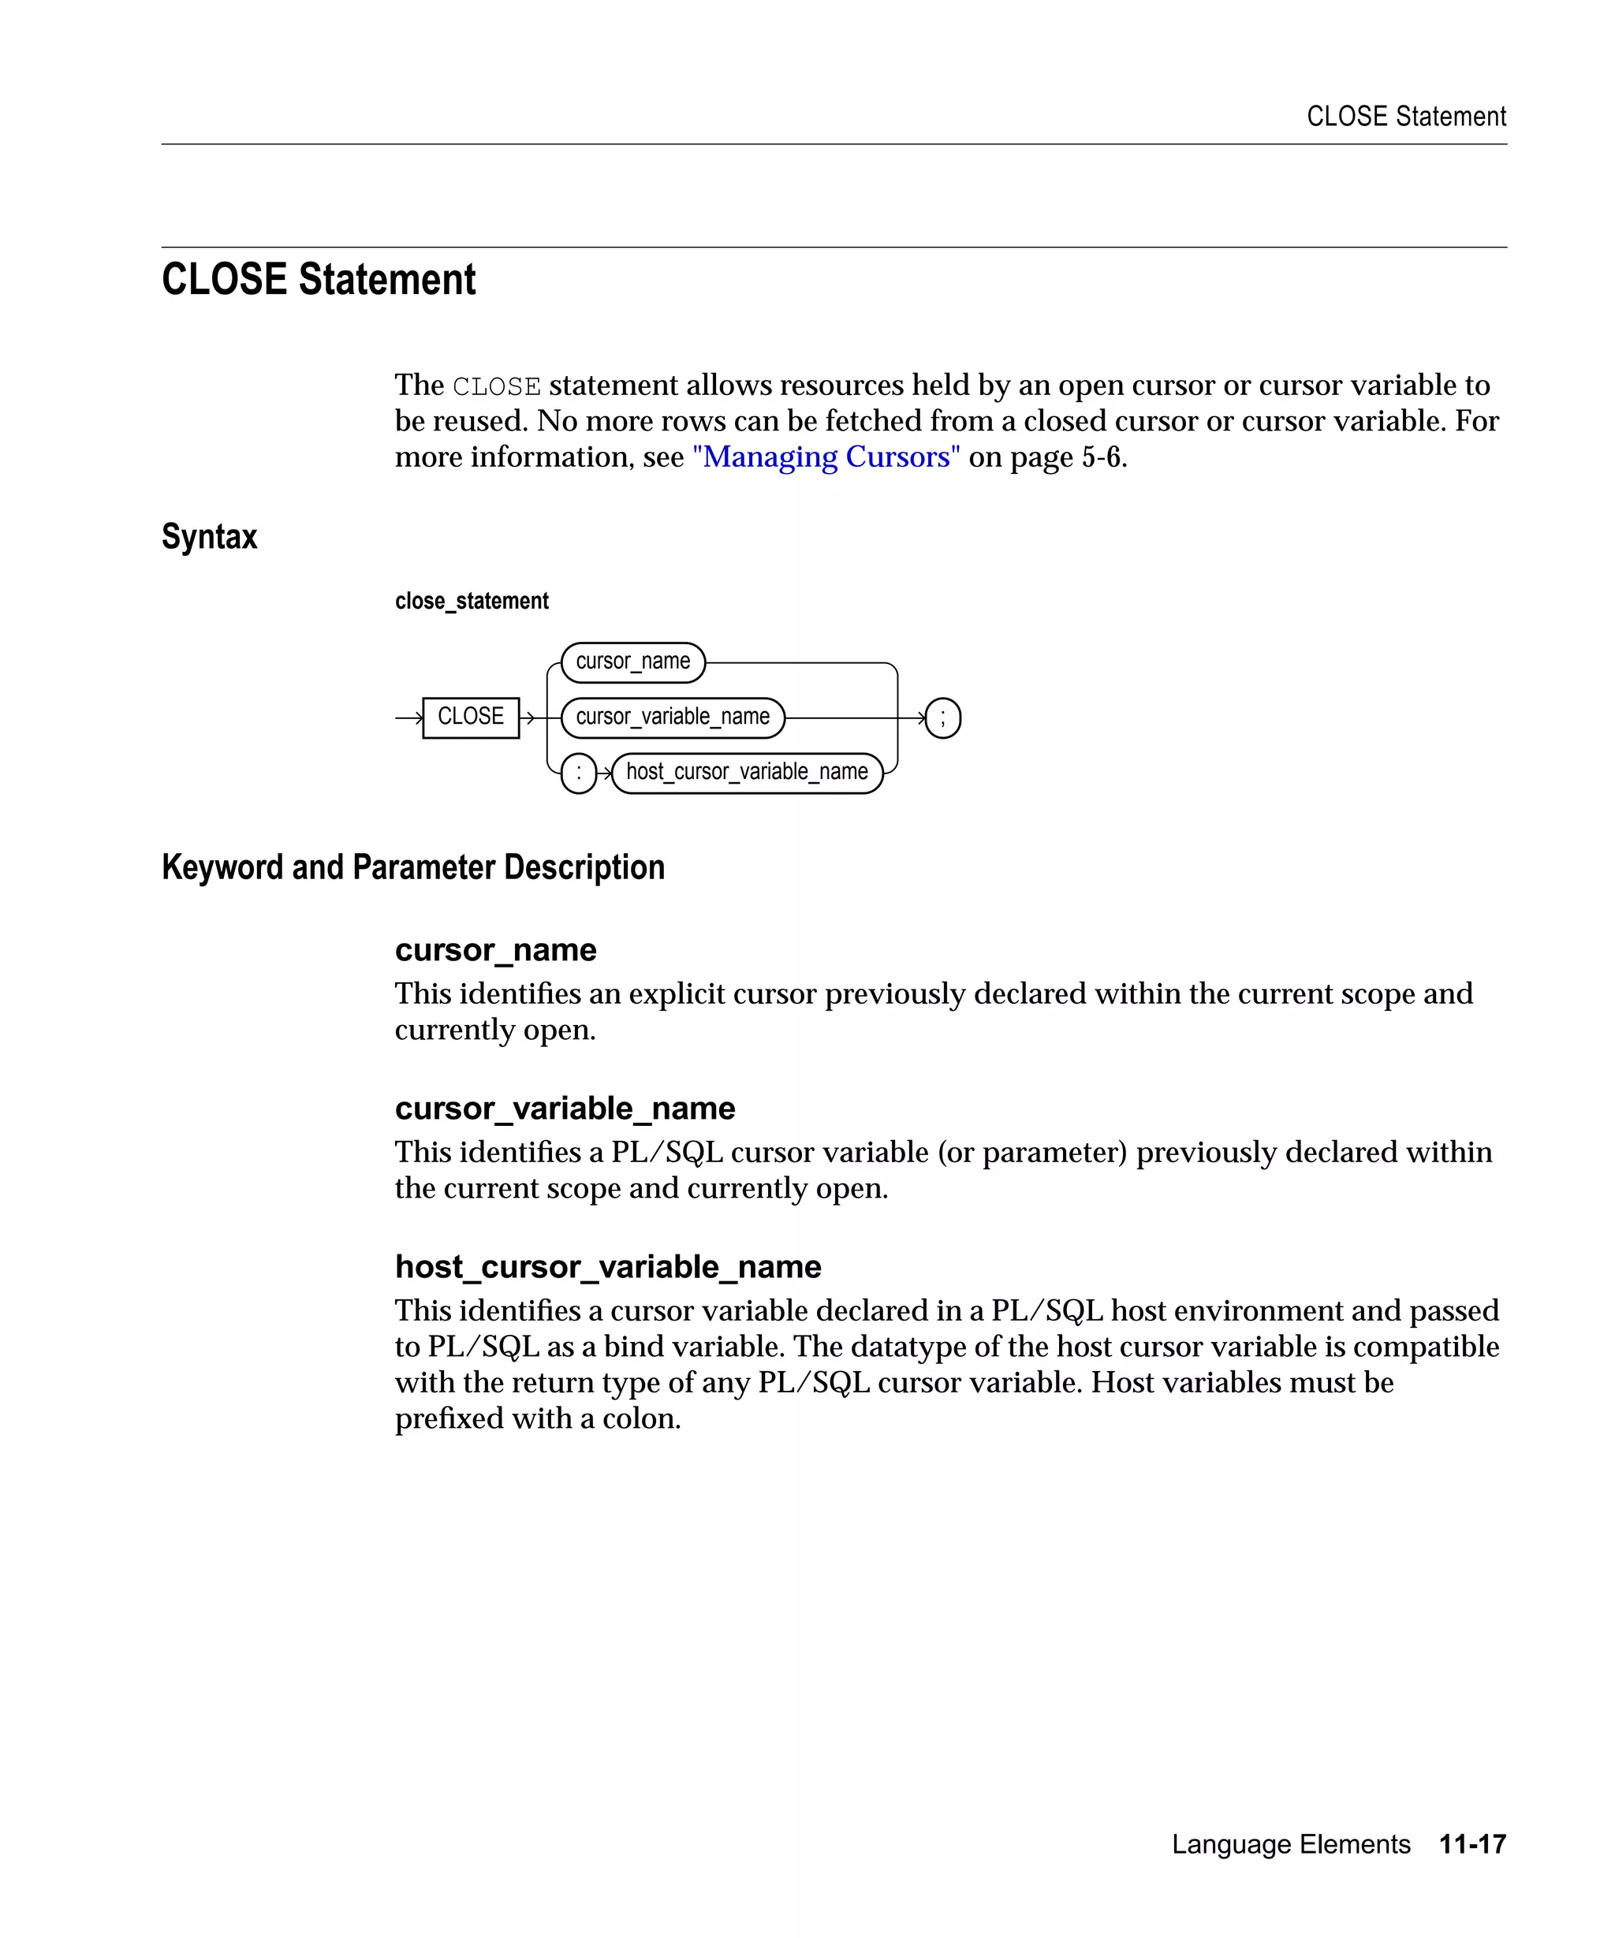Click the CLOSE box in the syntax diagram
point(471,717)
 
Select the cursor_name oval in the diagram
point(632,662)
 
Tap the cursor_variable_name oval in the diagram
point(672,717)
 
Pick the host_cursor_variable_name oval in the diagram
point(747,773)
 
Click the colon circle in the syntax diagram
point(579,773)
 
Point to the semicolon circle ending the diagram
point(942,718)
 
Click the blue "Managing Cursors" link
point(826,457)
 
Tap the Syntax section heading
point(210,536)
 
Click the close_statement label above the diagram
point(472,601)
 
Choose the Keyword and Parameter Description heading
point(412,867)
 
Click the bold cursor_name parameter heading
point(495,949)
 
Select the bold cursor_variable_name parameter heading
point(565,1108)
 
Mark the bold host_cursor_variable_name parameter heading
point(607,1266)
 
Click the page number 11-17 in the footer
point(1472,1844)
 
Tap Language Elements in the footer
point(1290,1844)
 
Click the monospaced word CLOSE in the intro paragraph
point(497,386)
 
